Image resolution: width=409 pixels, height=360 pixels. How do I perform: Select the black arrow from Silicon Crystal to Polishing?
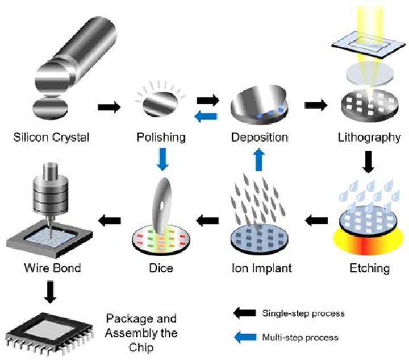[x=110, y=106]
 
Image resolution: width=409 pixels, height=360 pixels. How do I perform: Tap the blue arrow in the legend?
[x=243, y=337]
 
